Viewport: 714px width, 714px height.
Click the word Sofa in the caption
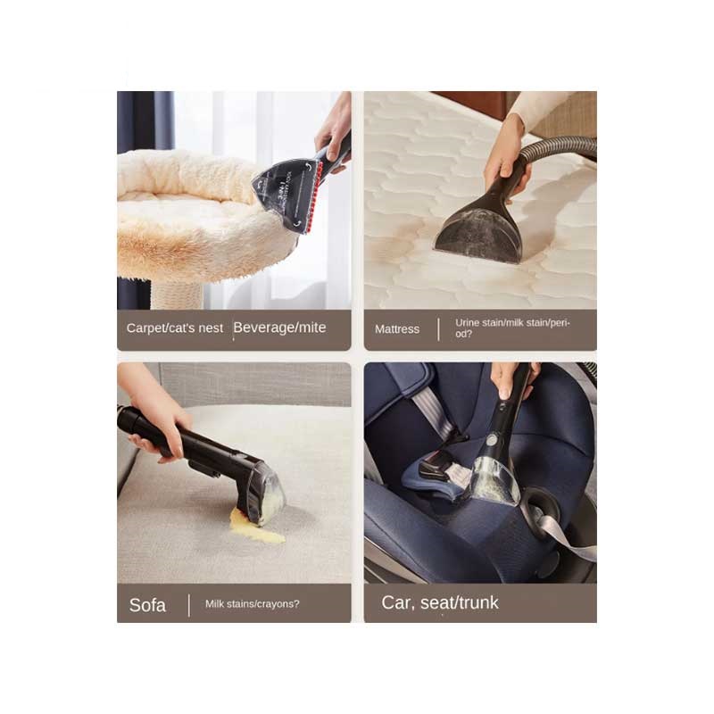pyautogui.click(x=147, y=605)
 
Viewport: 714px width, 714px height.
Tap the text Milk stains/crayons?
pyautogui.click(x=253, y=604)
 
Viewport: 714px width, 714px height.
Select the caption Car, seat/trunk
pyautogui.click(x=440, y=602)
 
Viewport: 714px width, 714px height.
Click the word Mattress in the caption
pyautogui.click(x=397, y=329)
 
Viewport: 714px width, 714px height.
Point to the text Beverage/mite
pyautogui.click(x=279, y=328)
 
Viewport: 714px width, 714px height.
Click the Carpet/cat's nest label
pyautogui.click(x=175, y=328)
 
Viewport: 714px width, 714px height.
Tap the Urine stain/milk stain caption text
pyautogui.click(x=512, y=328)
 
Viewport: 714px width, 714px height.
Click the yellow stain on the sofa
pyautogui.click(x=255, y=528)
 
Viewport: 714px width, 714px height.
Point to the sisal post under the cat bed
pyautogui.click(x=177, y=294)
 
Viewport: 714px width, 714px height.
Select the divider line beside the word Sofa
pyautogui.click(x=189, y=605)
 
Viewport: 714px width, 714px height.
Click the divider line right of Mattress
pyautogui.click(x=438, y=329)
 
